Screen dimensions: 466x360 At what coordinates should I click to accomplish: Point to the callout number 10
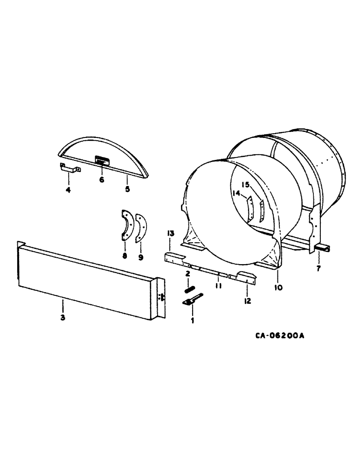278,288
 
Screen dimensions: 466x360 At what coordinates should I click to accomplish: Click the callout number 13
171,233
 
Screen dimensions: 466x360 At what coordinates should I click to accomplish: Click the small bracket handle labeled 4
69,168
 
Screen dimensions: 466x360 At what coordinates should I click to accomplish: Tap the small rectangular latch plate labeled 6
101,161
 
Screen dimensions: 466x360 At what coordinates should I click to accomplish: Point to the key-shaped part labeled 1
192,300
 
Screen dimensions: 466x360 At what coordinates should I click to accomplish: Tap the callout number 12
247,301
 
